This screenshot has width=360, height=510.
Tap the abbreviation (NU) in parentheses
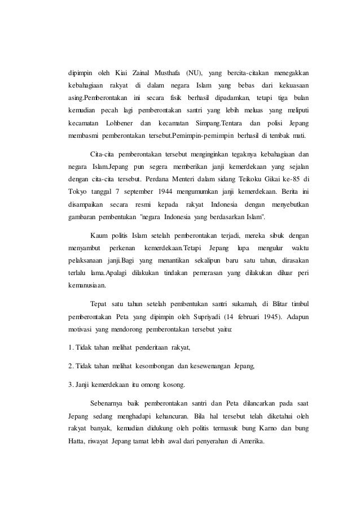(x=194, y=73)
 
